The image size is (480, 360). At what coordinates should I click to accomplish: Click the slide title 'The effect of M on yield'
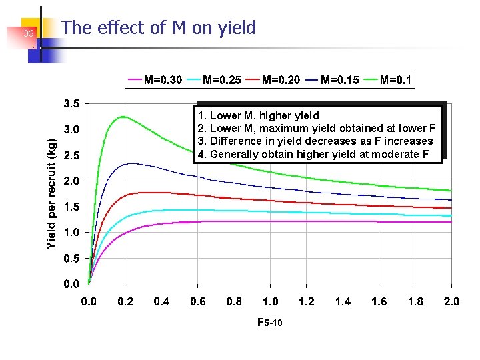[x=158, y=28]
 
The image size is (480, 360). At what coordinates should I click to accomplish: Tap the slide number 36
[x=28, y=34]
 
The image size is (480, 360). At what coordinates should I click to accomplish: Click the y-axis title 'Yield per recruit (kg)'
[x=52, y=193]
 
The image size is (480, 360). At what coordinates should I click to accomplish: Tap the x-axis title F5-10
[x=269, y=323]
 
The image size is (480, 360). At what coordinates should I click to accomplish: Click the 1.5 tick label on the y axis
[x=71, y=207]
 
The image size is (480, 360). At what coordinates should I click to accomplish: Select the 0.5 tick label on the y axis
[x=71, y=259]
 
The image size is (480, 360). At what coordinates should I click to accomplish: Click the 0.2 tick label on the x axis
[x=125, y=302]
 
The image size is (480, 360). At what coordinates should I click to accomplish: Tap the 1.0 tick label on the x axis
[x=270, y=302]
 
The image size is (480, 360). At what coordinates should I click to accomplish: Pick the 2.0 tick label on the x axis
[x=451, y=302]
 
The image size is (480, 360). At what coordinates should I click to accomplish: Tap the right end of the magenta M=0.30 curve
[x=451, y=222]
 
